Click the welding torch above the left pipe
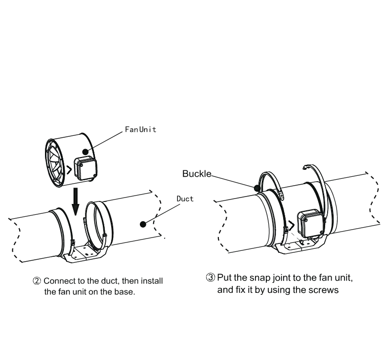point(69,158)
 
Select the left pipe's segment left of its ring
point(37,235)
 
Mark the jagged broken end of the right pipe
point(373,195)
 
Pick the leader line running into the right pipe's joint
point(217,178)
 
